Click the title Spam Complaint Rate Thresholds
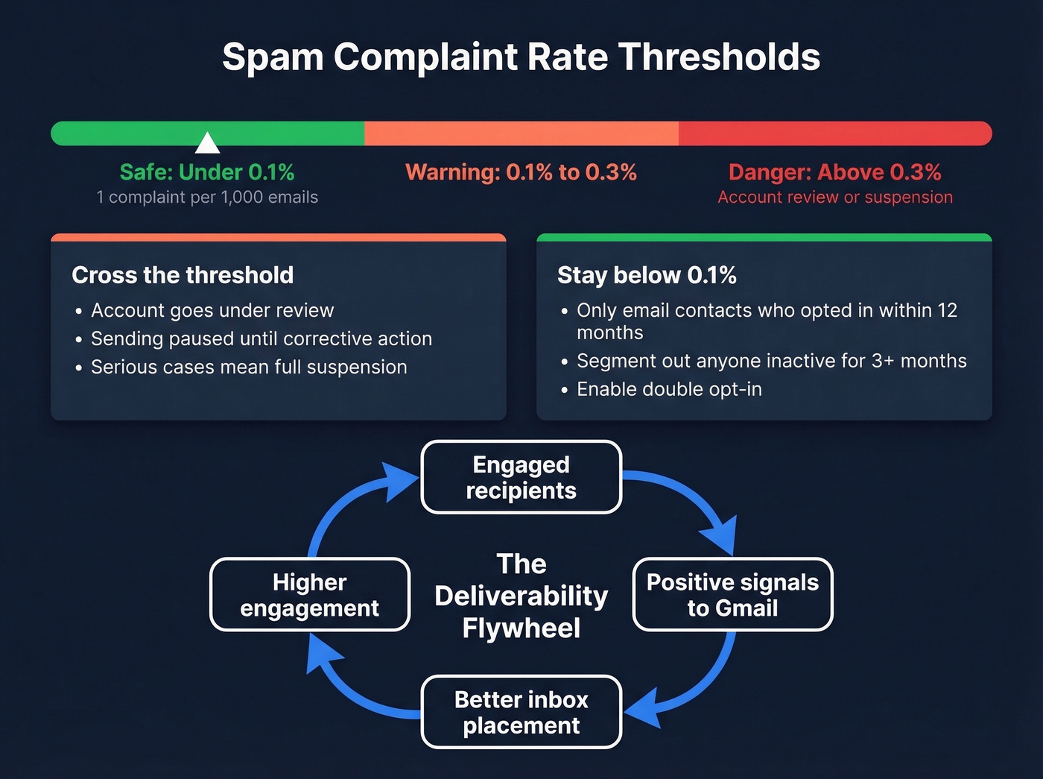[x=521, y=57]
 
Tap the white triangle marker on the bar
[x=207, y=142]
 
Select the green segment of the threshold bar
[x=283, y=133]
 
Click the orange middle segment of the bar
[x=521, y=133]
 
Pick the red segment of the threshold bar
[x=834, y=133]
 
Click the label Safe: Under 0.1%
[x=207, y=172]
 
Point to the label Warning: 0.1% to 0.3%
[x=521, y=172]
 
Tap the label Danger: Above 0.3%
[x=834, y=172]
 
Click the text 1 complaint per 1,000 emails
[x=207, y=198]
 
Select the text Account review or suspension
[x=834, y=198]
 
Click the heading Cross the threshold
[x=183, y=275]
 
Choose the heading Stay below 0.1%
[x=647, y=275]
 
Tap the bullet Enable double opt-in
[x=669, y=389]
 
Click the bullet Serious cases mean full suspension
[x=249, y=367]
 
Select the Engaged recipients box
[x=521, y=477]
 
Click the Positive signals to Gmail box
[x=732, y=595]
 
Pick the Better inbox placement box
[x=521, y=712]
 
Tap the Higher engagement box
[x=310, y=595]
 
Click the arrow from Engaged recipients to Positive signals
[x=693, y=499]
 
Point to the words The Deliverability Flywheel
[x=521, y=596]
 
